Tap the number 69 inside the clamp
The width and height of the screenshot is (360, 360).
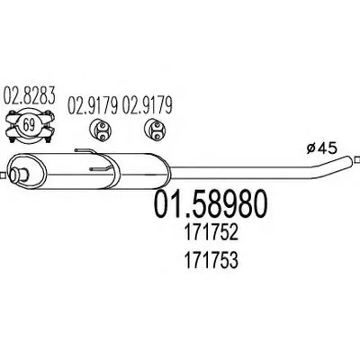point(29,125)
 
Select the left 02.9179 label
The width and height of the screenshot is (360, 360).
point(93,105)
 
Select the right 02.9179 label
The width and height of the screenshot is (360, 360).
point(147,105)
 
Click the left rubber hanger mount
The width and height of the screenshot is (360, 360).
point(100,131)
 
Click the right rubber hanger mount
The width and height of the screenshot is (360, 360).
point(155,131)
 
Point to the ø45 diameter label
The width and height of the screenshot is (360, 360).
point(322,148)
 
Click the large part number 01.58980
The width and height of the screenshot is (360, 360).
point(210,204)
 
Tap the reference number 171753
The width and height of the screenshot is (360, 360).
point(211,260)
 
